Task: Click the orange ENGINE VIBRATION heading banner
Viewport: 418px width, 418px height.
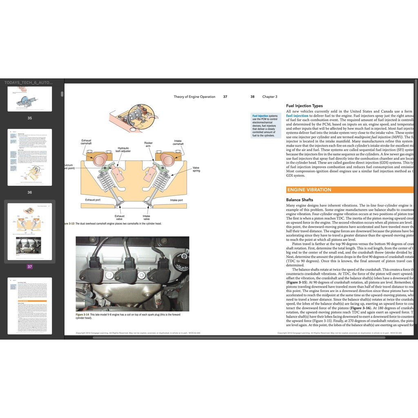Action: click(x=309, y=190)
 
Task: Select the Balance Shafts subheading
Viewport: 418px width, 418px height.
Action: click(x=300, y=200)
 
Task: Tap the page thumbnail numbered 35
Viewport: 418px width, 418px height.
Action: click(x=30, y=99)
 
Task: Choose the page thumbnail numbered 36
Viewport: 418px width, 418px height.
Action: click(x=30, y=157)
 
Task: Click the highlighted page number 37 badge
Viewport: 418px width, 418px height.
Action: click(x=30, y=267)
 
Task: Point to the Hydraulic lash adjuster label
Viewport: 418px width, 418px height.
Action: click(x=123, y=150)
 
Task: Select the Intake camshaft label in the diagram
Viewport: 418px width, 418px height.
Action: click(x=178, y=142)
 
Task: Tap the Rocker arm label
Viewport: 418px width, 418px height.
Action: click(x=149, y=145)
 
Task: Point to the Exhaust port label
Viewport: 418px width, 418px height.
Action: click(x=93, y=200)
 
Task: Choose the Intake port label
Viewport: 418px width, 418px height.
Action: click(x=176, y=200)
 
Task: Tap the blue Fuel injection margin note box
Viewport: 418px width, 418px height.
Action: click(x=265, y=125)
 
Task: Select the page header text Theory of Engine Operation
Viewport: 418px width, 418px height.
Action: click(x=194, y=97)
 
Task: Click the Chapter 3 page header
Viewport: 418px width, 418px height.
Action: click(x=269, y=97)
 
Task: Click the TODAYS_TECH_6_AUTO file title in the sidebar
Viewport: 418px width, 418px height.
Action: click(x=28, y=82)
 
